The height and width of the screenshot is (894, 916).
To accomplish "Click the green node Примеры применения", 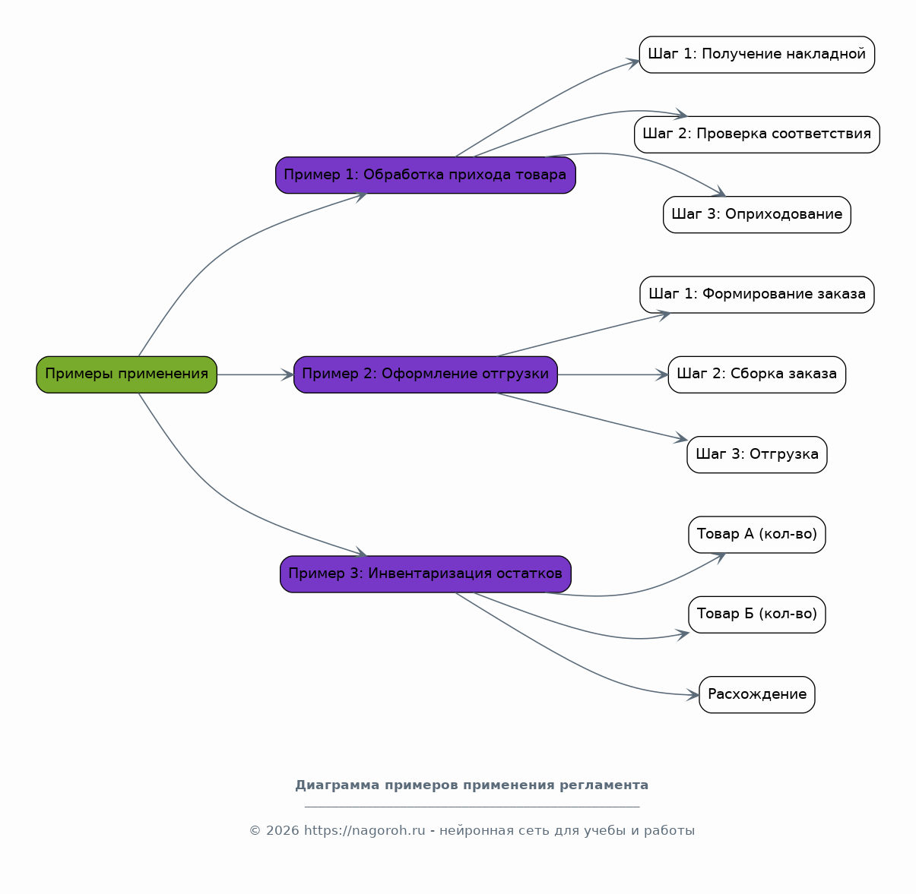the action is point(127,374).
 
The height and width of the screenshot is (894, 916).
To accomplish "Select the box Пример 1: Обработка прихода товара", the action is point(426,175).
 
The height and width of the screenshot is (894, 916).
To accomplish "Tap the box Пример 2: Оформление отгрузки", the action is point(426,374).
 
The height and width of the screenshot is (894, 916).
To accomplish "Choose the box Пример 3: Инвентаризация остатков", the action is point(426,574).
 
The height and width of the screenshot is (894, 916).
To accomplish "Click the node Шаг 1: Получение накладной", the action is point(757,55).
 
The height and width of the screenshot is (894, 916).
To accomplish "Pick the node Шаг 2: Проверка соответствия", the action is point(757,135).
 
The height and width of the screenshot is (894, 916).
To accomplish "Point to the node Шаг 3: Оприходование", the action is point(757,215).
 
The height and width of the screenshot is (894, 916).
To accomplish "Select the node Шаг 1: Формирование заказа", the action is point(757,295).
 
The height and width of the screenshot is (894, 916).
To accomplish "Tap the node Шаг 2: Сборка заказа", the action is point(757,374).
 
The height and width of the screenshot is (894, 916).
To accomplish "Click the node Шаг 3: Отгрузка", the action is point(757,455).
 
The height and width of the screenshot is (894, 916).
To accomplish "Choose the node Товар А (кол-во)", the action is point(757,535).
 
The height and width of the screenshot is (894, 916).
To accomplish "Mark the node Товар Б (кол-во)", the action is point(757,614).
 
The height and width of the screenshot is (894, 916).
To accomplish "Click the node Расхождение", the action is point(757,695).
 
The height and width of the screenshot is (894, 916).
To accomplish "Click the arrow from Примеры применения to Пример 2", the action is point(255,374).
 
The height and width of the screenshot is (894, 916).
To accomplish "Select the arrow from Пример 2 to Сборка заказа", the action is point(613,374).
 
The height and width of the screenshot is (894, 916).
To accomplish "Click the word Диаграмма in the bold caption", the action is point(337,785).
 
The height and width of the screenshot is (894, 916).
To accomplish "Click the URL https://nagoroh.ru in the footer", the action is point(365,831).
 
